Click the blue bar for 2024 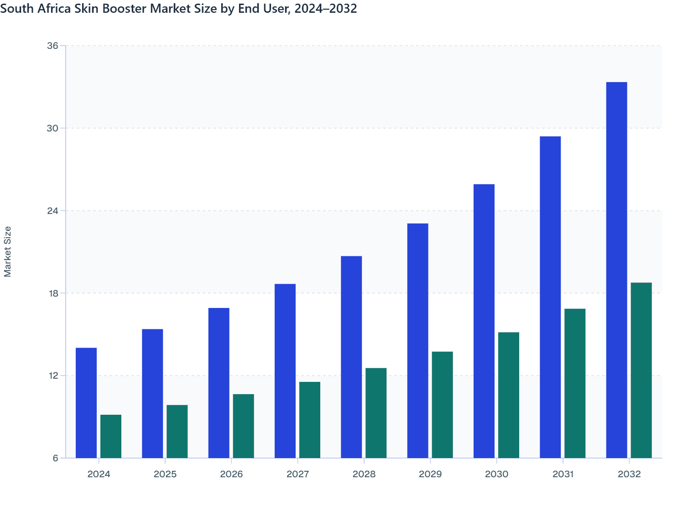click(x=86, y=403)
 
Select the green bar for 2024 click(x=111, y=436)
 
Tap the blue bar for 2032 click(x=616, y=270)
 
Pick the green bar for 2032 click(x=641, y=370)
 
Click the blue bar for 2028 click(x=351, y=357)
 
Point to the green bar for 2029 click(x=442, y=405)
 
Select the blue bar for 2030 click(x=484, y=321)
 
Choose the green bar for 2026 click(x=243, y=426)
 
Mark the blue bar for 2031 click(x=550, y=297)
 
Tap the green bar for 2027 click(x=310, y=420)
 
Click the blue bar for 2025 click(x=152, y=393)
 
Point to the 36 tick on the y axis click(x=53, y=46)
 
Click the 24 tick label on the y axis click(x=53, y=211)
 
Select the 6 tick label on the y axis click(x=56, y=458)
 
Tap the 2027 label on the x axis click(x=297, y=474)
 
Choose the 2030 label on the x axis click(x=496, y=474)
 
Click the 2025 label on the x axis click(x=165, y=474)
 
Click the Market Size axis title click(x=8, y=251)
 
